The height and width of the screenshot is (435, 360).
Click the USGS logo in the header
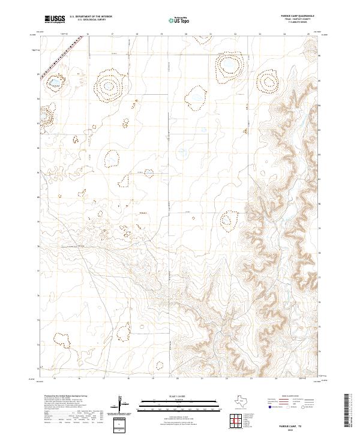(x=55, y=19)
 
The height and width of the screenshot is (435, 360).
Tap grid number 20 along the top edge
(x=186, y=35)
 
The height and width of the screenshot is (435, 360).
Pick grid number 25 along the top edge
(x=308, y=35)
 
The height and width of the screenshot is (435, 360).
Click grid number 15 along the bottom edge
(x=55, y=379)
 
